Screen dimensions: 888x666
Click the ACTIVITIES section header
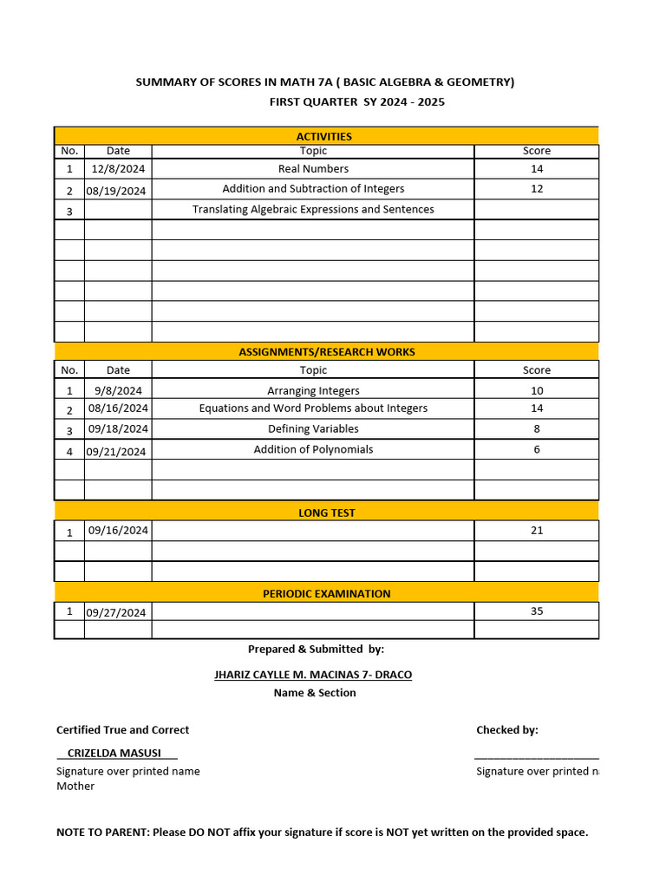324,136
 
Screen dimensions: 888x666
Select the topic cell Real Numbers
313,169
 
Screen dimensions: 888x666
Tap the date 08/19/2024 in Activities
117,191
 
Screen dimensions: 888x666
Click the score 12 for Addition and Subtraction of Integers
537,189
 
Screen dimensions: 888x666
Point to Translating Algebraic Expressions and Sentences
313,210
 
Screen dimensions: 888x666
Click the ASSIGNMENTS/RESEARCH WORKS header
326,352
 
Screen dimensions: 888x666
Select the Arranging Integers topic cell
313,391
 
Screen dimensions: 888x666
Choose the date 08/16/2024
118,408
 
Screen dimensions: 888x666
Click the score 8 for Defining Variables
537,429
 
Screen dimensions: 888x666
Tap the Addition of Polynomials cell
313,450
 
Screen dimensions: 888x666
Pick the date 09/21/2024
117,452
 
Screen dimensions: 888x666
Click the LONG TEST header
326,513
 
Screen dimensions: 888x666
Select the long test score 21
537,531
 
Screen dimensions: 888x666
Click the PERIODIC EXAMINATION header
326,594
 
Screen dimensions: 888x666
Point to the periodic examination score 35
537,611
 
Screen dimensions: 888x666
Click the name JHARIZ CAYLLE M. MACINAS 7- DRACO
313,675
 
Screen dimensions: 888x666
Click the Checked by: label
506,730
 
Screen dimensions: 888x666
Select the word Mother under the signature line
75,787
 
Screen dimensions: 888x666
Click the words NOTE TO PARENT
101,832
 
